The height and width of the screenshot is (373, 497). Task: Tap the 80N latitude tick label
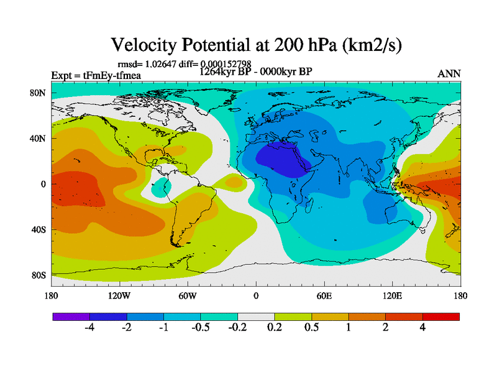39,93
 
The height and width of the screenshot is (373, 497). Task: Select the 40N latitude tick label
39,139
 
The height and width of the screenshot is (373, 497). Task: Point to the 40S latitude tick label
39,229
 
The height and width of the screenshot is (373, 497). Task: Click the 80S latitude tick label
39,275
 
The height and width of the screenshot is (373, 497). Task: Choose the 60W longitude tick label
187,296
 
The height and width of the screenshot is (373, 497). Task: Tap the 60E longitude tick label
324,296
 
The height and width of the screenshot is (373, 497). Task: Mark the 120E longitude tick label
393,296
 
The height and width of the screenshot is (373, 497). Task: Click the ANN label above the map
449,74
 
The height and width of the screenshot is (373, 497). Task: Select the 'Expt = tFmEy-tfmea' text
96,75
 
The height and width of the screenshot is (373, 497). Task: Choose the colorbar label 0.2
275,328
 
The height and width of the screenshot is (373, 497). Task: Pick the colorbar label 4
422,328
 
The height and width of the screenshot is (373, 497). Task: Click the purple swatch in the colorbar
71,316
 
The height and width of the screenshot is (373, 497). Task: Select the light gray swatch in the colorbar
256,316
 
